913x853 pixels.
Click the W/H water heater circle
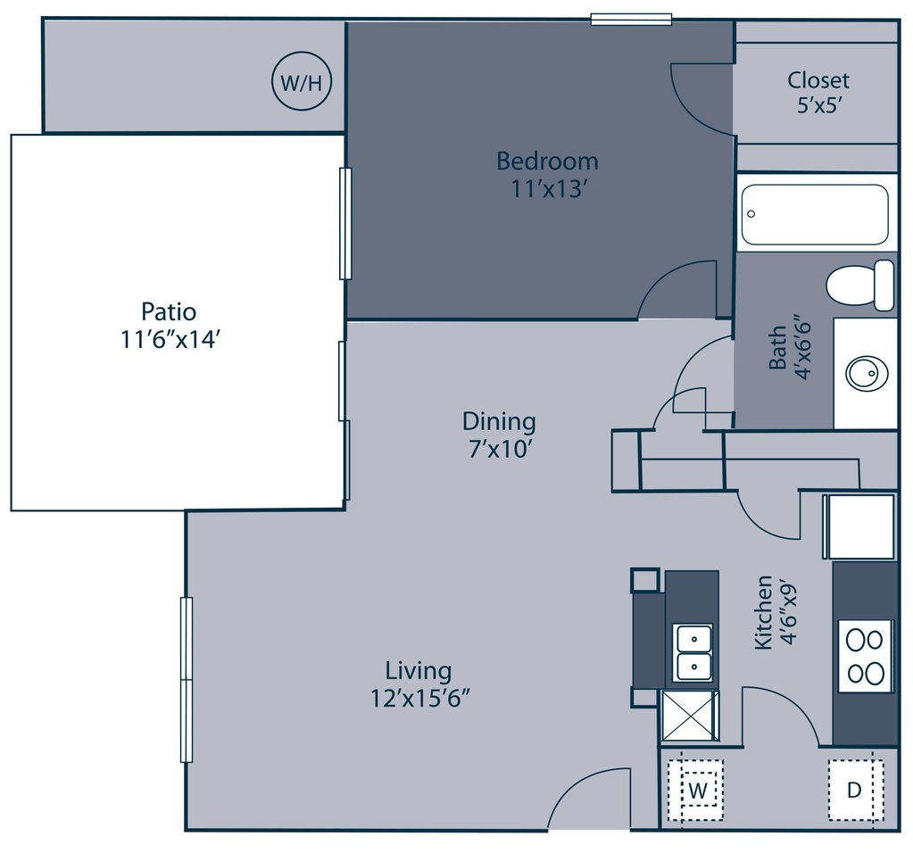point(302,81)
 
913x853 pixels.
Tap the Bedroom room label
point(547,161)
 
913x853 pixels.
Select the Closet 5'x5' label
point(818,92)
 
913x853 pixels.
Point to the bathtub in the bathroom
point(815,214)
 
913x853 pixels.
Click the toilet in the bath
point(860,285)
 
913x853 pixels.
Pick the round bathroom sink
point(867,373)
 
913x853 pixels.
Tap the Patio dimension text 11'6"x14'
point(170,339)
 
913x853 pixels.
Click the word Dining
point(499,421)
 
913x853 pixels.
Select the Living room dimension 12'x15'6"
point(419,697)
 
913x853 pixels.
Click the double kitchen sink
point(693,652)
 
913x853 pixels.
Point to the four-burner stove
point(865,656)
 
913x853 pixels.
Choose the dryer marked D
point(855,791)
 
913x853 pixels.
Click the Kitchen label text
point(763,612)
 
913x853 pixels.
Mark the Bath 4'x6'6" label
point(789,348)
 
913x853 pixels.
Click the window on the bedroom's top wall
point(631,20)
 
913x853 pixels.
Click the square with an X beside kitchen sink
point(690,716)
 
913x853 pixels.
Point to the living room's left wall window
point(187,679)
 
